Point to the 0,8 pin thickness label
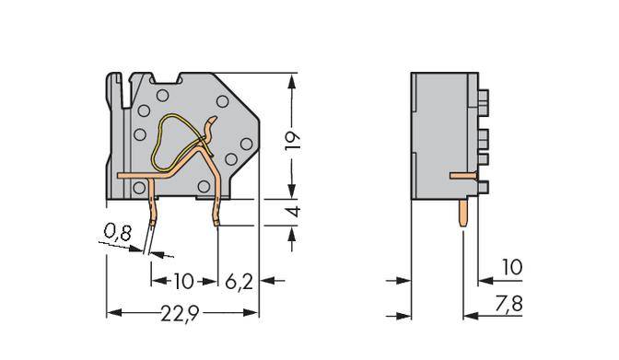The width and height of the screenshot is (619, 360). click(x=117, y=234)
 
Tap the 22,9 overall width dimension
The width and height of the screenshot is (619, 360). click(x=181, y=314)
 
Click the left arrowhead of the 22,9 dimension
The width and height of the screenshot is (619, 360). click(x=111, y=314)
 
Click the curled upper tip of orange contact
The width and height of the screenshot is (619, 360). click(x=215, y=120)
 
